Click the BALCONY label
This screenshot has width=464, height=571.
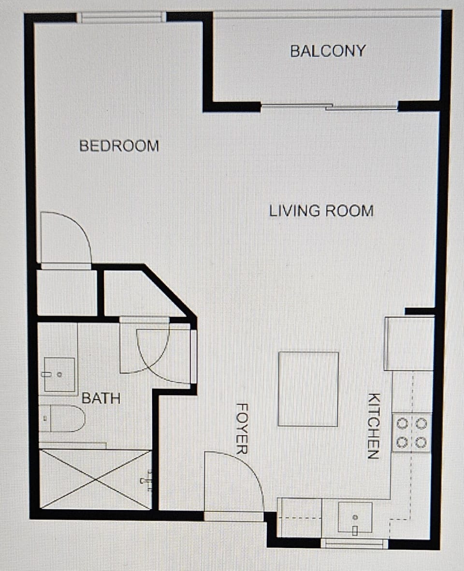tap(328, 51)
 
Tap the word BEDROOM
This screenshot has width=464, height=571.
tap(119, 146)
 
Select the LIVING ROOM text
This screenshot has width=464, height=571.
tap(321, 211)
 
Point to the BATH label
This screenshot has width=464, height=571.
tap(101, 398)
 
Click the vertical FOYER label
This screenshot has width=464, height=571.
tap(242, 428)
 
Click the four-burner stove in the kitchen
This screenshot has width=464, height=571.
tap(411, 433)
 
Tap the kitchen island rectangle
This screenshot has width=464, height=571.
tap(308, 389)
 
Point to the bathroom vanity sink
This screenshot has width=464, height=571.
tap(59, 374)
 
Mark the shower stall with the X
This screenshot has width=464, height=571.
tap(96, 479)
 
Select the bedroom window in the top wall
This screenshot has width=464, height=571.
tap(121, 18)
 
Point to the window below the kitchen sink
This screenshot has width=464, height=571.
tap(354, 543)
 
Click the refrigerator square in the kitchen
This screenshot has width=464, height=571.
tap(409, 344)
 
